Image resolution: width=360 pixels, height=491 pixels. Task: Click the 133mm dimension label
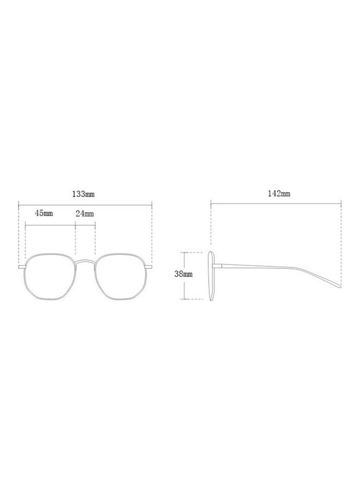pos(83,194)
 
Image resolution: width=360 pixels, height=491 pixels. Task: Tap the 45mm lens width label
pos(44,213)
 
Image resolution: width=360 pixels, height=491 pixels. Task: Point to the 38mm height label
pos(183,274)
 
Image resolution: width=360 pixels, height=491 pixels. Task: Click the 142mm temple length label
pos(279,194)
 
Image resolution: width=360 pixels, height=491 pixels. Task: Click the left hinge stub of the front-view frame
pos(21,267)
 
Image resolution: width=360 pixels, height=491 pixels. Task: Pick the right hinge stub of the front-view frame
pos(149,267)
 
